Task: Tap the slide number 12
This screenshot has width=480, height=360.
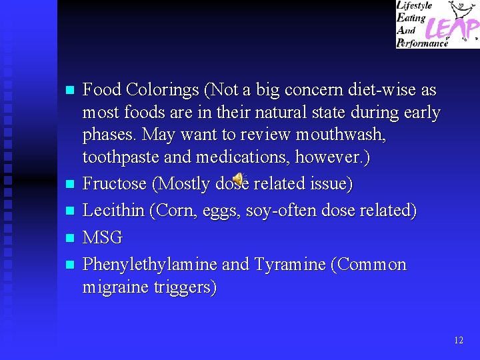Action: [x=459, y=340]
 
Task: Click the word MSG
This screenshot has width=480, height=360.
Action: [x=102, y=238]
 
